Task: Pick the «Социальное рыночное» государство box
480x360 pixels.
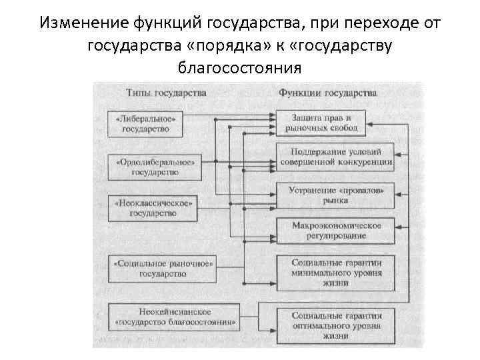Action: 163,268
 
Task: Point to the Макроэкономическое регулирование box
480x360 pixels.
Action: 335,230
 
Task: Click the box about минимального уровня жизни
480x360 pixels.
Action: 335,273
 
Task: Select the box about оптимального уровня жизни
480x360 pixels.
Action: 335,325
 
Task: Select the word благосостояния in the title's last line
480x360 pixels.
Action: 240,68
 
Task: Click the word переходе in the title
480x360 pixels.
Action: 373,23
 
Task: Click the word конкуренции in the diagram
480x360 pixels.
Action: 365,161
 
